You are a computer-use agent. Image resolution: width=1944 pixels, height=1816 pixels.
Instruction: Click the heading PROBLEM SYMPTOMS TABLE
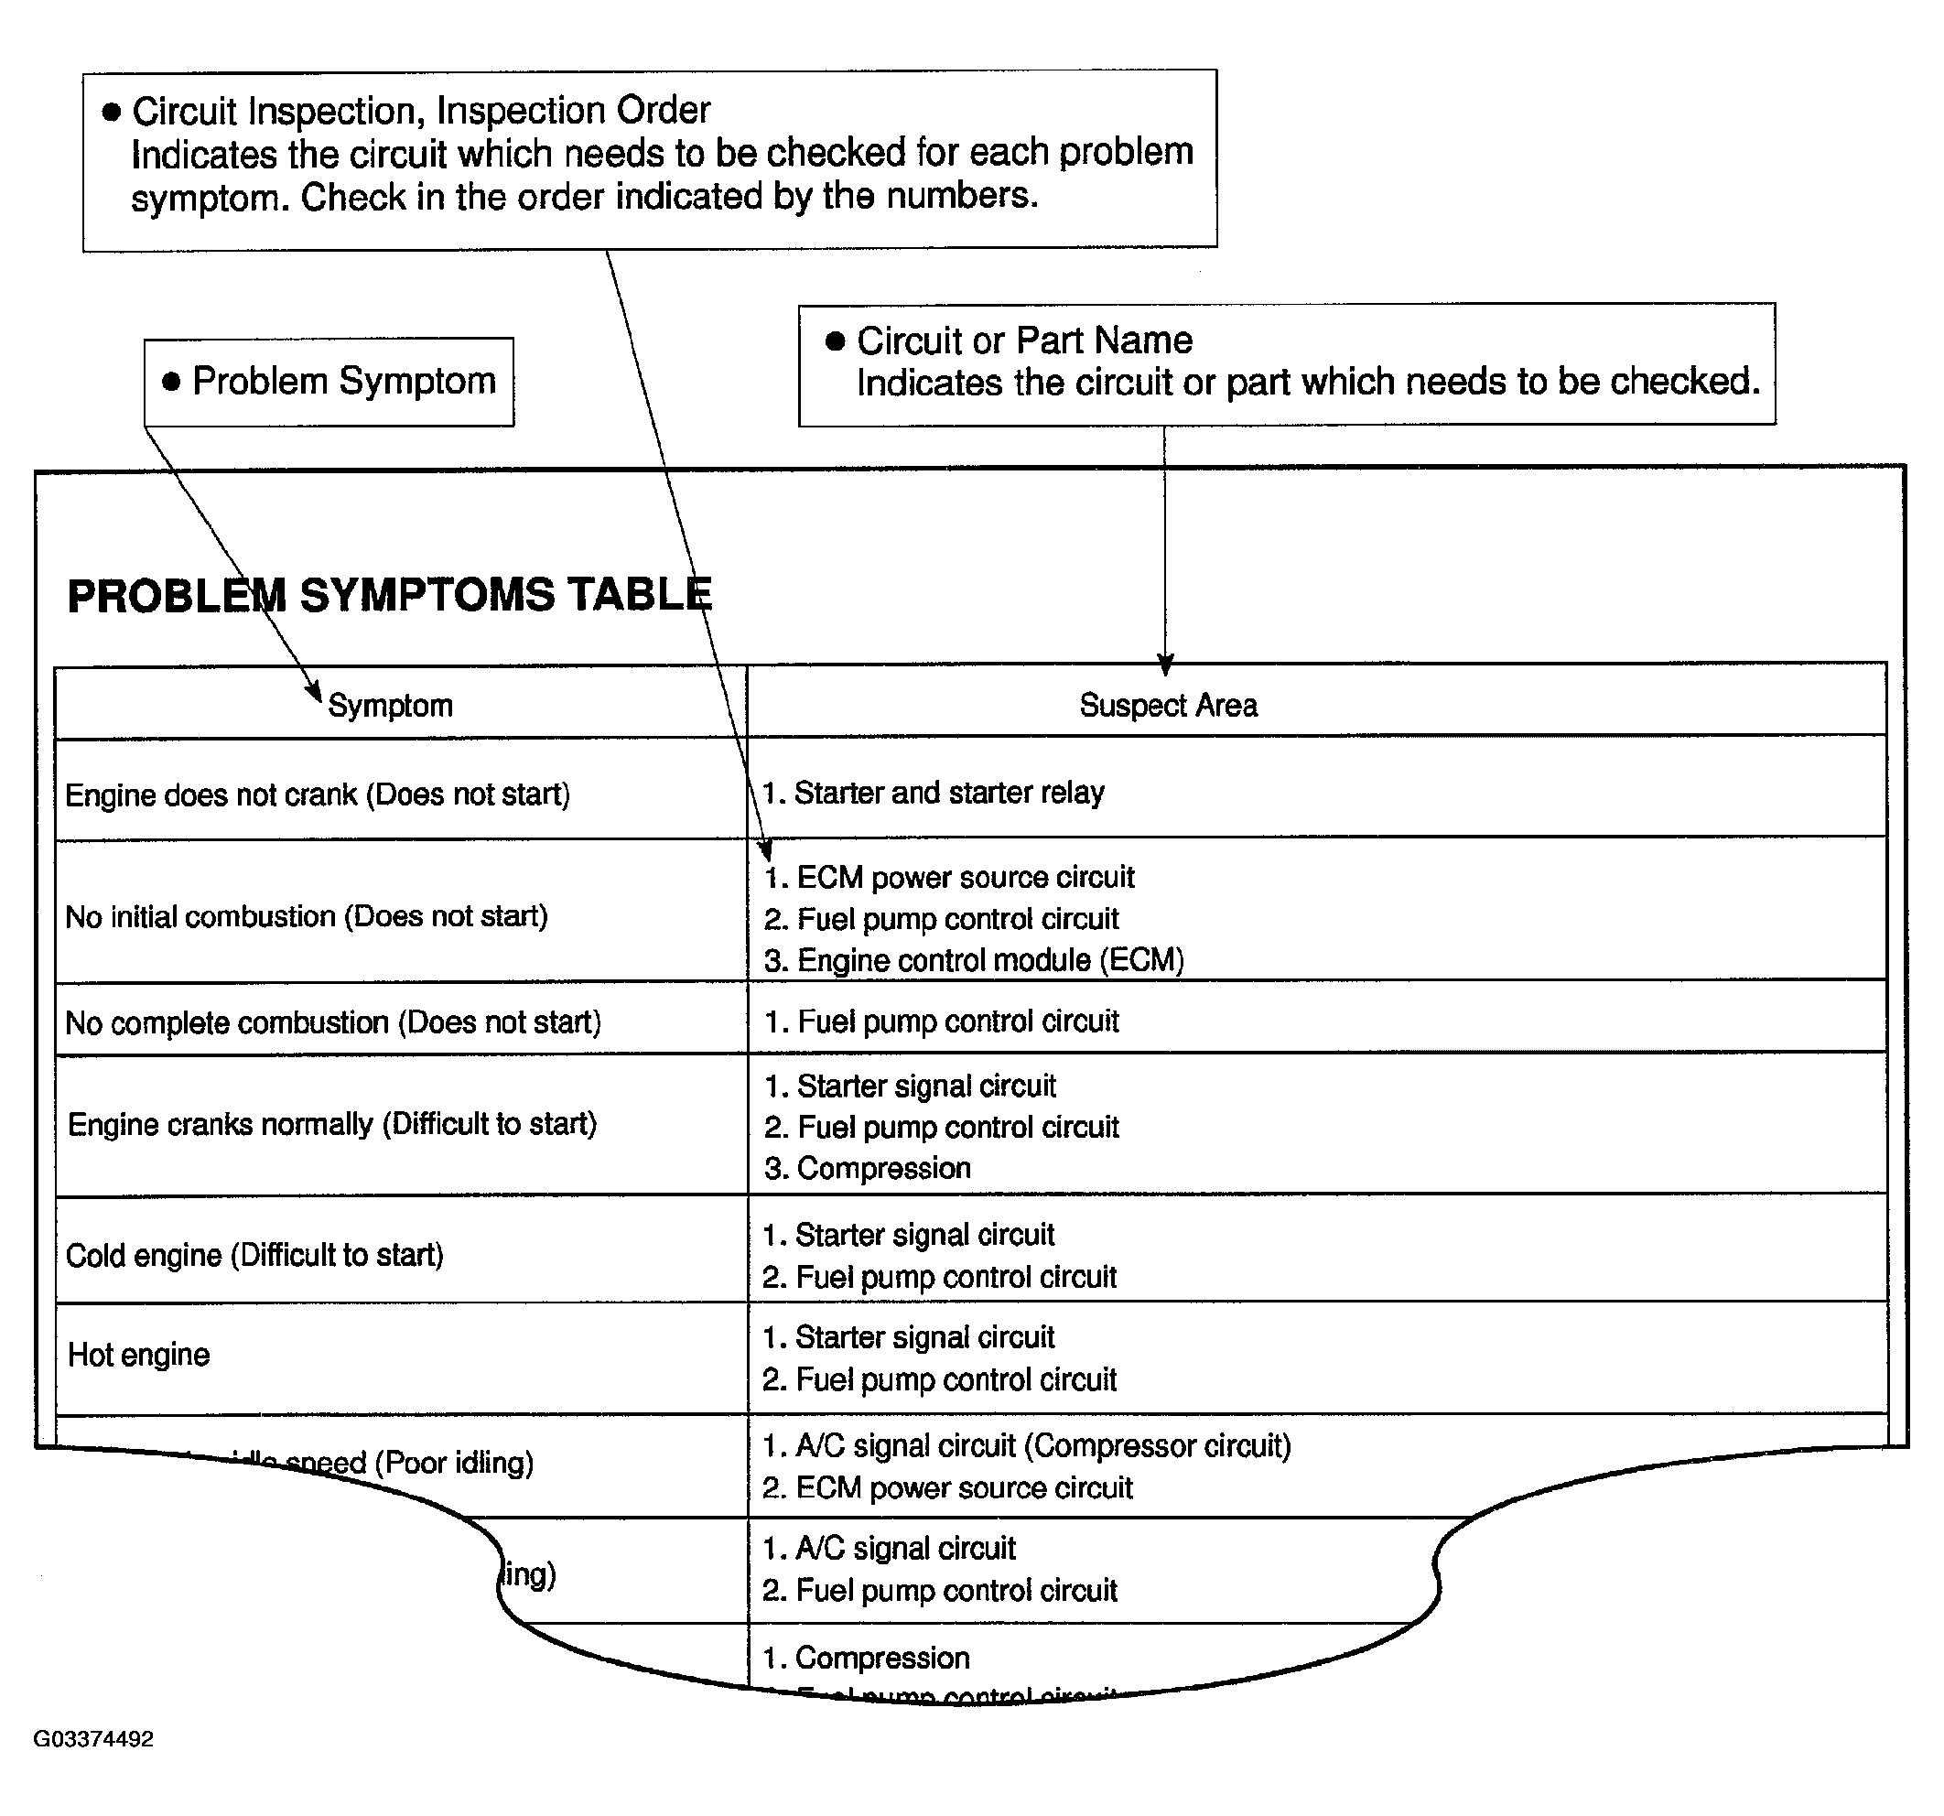click(389, 596)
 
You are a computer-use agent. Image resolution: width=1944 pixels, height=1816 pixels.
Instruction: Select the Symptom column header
click(390, 705)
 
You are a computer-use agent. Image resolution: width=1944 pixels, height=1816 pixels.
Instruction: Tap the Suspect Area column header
click(1168, 705)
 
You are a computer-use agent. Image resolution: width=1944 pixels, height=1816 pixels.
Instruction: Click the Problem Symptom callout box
click(329, 382)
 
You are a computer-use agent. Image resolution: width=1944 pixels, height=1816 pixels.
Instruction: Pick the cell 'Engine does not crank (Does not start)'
click(317, 794)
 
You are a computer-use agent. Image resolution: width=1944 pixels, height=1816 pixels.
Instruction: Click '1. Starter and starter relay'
click(933, 792)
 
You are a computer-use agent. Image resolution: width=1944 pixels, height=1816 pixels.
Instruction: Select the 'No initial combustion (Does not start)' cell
click(306, 916)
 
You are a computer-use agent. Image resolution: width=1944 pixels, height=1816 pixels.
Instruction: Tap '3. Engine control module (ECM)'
click(974, 960)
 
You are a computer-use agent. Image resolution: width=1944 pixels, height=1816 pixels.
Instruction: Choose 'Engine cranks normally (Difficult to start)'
click(331, 1124)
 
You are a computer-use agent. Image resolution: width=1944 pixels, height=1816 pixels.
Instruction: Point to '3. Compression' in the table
click(868, 1169)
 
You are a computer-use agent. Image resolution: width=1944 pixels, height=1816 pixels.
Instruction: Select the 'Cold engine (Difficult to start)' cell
click(254, 1255)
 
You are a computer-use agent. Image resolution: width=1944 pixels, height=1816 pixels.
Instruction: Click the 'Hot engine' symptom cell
click(138, 1355)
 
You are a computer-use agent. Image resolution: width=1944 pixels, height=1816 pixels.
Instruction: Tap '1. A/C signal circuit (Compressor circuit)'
click(1027, 1445)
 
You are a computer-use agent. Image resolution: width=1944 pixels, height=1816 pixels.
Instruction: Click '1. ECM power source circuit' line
click(949, 877)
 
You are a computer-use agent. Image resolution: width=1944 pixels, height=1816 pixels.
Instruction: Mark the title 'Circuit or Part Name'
click(1024, 340)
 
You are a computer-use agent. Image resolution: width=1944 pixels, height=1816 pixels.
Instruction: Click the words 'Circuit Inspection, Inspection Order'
click(420, 111)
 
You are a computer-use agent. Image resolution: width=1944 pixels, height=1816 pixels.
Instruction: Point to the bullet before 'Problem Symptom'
click(171, 382)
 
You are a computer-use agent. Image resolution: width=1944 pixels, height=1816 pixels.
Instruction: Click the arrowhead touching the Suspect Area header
click(1164, 665)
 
